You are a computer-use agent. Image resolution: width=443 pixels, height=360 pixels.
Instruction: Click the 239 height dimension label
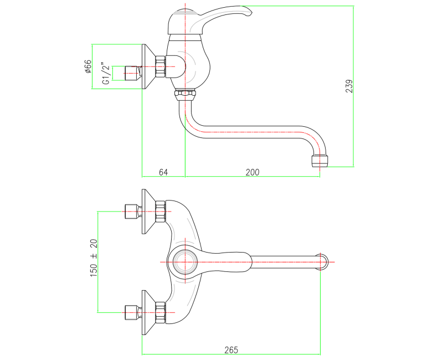(349, 86)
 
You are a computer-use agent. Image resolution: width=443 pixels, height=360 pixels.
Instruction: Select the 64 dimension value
(163, 172)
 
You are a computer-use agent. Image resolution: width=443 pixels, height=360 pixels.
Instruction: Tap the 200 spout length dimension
(253, 172)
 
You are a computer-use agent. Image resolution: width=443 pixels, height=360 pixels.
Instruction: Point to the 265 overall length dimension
(231, 349)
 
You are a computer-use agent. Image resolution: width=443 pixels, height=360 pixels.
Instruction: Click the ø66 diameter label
(87, 66)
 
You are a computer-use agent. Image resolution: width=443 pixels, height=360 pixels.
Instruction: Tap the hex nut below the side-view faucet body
(185, 94)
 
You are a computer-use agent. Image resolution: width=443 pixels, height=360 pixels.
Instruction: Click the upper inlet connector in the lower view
(131, 211)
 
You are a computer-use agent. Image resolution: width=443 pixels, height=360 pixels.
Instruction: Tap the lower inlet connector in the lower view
(131, 312)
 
